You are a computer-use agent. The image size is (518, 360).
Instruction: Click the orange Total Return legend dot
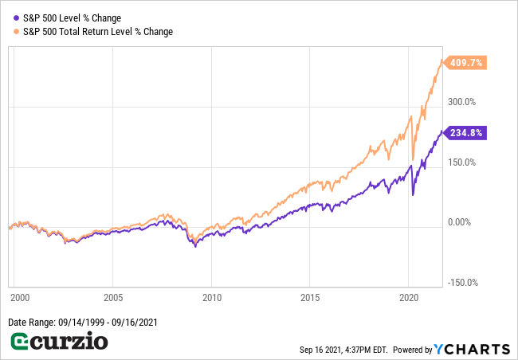tap(15, 31)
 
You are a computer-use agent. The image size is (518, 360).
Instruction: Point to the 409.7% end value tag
tap(465, 63)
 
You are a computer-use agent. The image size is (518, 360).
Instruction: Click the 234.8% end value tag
tap(465, 133)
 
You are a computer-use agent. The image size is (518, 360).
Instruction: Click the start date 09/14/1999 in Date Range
tap(84, 322)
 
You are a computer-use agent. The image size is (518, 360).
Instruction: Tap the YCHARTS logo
tap(472, 349)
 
